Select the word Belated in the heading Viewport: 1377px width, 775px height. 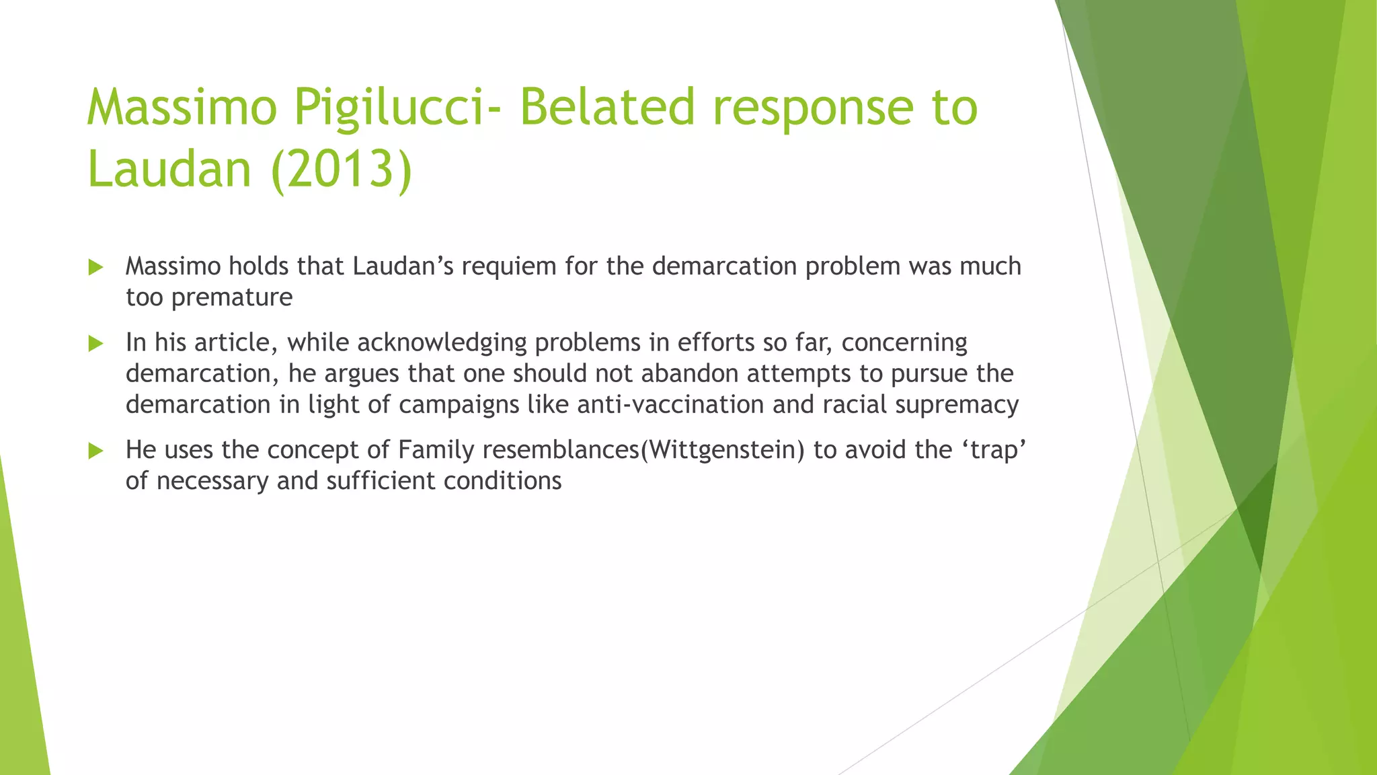coord(607,108)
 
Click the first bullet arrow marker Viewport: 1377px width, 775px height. coord(95,268)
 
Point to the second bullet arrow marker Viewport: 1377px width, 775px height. coord(95,344)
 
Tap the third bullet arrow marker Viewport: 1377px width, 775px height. coord(95,451)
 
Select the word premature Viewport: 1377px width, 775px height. coord(232,297)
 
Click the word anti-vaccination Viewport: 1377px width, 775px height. coord(670,405)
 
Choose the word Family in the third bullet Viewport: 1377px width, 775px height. coord(436,450)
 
